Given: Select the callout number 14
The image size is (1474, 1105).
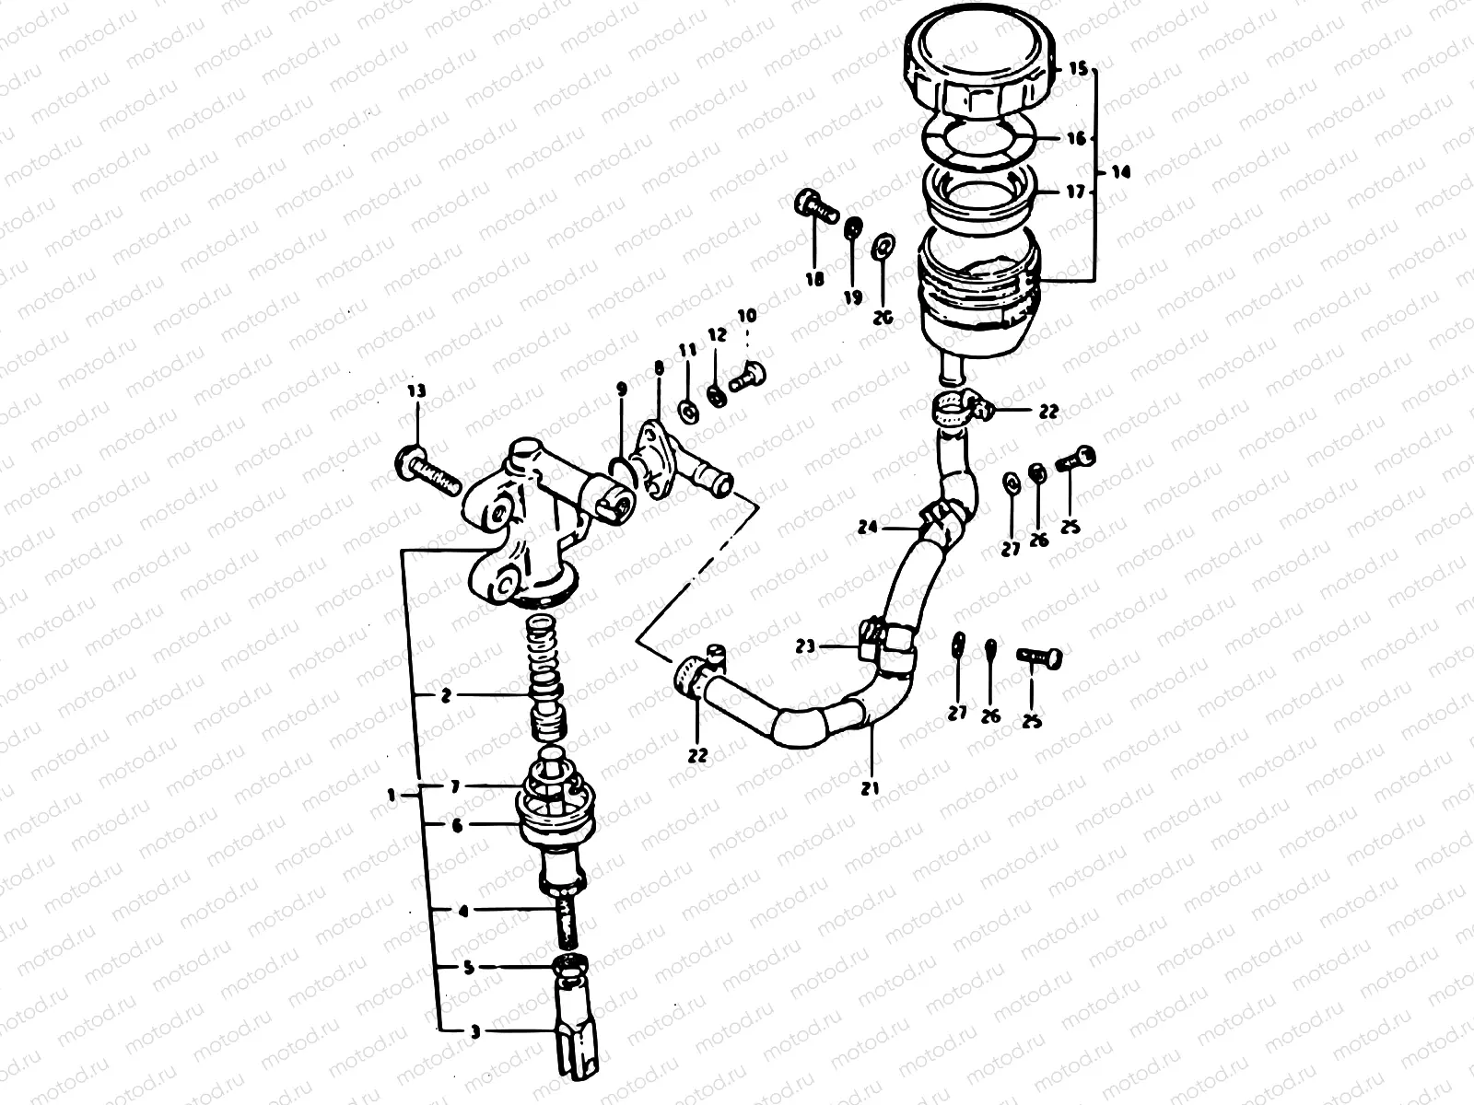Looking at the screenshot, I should click(x=1118, y=172).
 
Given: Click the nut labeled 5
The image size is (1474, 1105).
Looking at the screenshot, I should click(x=570, y=967).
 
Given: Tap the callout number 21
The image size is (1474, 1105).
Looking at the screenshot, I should click(x=871, y=788).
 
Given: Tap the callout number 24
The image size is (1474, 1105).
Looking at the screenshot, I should click(x=867, y=528).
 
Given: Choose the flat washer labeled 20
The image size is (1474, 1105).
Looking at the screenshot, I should click(x=883, y=246).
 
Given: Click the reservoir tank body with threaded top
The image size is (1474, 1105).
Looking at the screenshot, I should click(x=978, y=295).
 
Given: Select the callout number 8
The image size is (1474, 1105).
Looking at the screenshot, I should click(x=658, y=367).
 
